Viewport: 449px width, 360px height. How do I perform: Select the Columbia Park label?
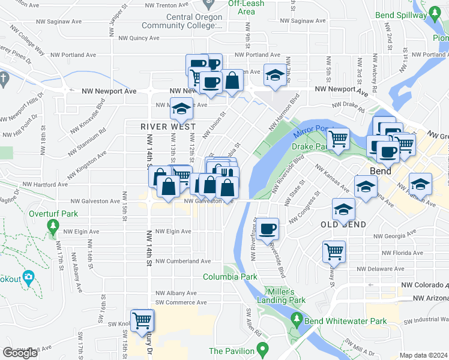230,277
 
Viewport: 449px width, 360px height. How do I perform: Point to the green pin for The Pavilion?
262,348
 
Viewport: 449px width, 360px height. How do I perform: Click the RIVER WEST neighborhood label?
168,127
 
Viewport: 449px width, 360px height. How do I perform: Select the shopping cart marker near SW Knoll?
142,321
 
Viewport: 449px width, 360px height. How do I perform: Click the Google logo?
20,353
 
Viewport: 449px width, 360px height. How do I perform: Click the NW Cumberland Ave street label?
183,262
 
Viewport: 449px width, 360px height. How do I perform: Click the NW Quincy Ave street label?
139,37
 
